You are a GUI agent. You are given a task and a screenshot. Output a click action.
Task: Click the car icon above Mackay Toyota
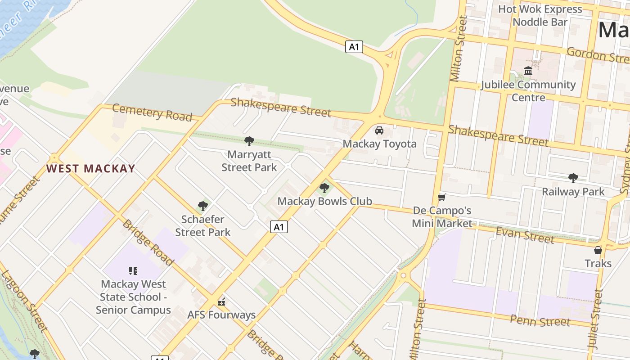coord(379,130)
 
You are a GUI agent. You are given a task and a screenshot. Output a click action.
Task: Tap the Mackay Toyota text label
coord(379,144)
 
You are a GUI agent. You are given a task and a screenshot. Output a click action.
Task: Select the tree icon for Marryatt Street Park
coord(249,141)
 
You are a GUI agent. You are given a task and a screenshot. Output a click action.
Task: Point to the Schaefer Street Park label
coord(203,226)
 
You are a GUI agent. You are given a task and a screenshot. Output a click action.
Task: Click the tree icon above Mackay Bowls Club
coord(324,188)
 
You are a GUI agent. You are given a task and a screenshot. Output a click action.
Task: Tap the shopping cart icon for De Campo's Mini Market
coord(442,198)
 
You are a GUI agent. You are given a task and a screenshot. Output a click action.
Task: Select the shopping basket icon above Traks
coord(598,250)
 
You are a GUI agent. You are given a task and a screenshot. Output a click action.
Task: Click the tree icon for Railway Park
coord(573,178)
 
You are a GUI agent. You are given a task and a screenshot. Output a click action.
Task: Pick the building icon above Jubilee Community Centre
coord(528,71)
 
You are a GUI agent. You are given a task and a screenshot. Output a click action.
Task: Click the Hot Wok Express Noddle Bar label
coord(540,15)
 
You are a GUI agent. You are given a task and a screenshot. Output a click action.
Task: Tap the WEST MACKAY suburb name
coord(91,169)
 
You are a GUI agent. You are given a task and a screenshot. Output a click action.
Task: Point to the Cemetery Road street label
coord(152,112)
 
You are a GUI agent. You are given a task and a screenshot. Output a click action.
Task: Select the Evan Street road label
coord(525,235)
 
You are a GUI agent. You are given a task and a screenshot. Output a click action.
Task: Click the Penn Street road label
coord(540,321)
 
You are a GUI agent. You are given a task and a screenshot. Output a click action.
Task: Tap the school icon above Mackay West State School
coord(133,271)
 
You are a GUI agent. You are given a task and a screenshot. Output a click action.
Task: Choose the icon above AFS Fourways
coord(221,301)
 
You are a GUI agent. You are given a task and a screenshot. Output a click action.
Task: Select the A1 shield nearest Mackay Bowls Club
coord(279,227)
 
